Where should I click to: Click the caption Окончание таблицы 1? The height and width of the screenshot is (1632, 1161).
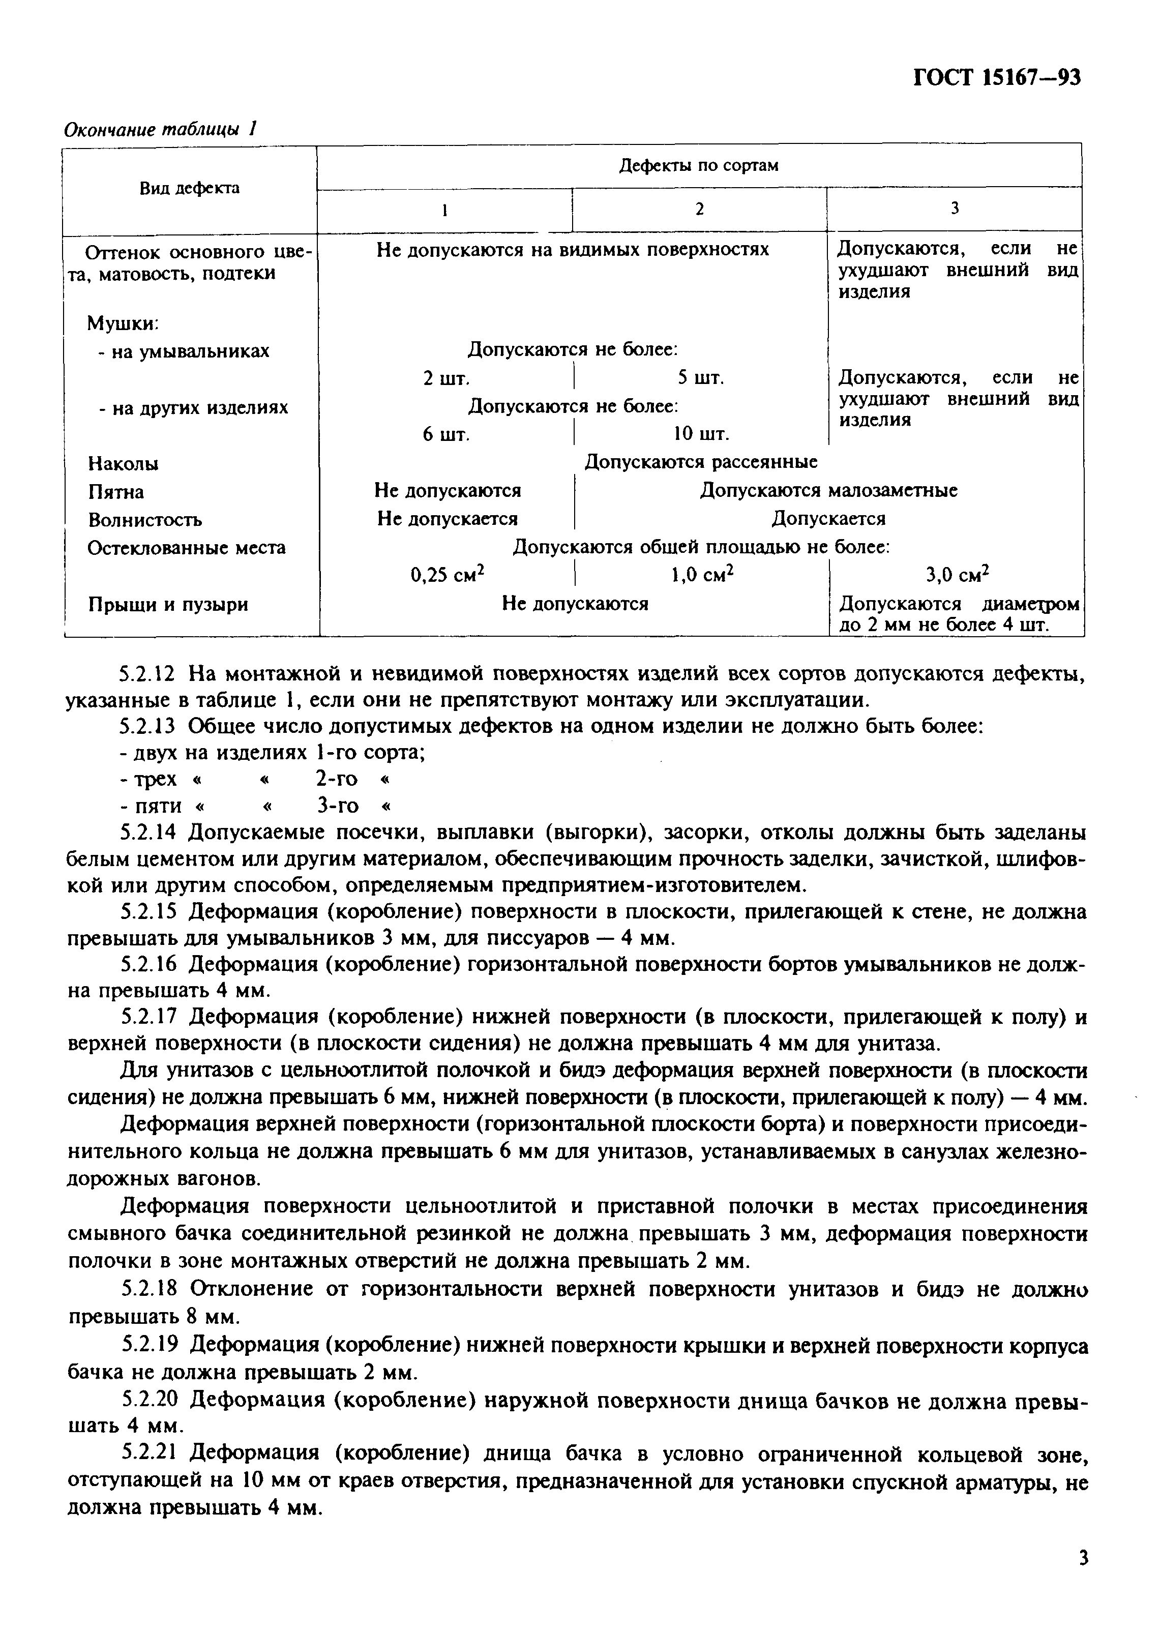pyautogui.click(x=160, y=129)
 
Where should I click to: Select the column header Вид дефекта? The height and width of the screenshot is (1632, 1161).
pyautogui.click(x=190, y=189)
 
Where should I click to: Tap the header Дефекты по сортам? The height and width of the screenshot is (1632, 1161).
pyautogui.click(x=698, y=166)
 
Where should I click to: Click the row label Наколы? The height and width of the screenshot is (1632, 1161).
pyautogui.click(x=123, y=464)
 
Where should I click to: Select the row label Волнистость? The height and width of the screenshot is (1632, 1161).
pyautogui.click(x=144, y=520)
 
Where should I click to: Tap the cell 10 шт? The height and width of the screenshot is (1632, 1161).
pyautogui.click(x=701, y=434)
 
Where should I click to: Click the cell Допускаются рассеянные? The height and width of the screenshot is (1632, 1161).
pyautogui.click(x=701, y=462)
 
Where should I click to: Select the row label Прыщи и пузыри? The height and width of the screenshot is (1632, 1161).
pyautogui.click(x=167, y=605)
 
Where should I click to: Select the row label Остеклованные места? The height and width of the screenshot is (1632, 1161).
pyautogui.click(x=186, y=548)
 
